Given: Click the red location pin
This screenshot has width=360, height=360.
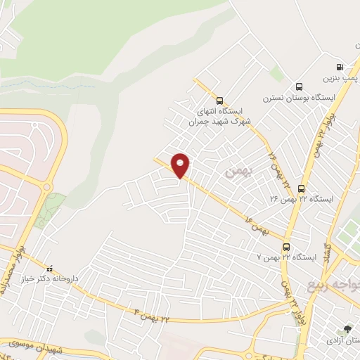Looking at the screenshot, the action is point(181,165).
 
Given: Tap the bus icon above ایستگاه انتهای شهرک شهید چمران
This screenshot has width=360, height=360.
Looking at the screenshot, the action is point(220,100).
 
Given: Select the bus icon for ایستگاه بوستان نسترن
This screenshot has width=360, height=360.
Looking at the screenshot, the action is point(300,87).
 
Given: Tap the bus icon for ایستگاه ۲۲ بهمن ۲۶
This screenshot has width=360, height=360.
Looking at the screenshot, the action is point(302,188).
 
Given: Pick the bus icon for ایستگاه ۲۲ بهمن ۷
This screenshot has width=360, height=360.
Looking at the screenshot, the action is point(286,247).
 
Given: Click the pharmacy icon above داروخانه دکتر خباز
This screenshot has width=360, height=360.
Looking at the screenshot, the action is point(49,268).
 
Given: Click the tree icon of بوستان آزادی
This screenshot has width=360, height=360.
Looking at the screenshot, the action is point(345,328).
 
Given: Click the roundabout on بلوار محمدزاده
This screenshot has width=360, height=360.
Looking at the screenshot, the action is point(47,186).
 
